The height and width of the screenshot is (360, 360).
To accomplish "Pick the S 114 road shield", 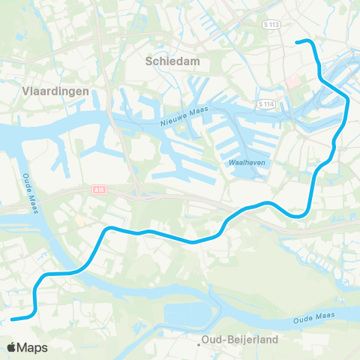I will [265, 103].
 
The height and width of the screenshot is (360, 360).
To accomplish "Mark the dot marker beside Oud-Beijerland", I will [199, 345].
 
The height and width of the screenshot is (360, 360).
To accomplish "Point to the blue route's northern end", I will [298, 41].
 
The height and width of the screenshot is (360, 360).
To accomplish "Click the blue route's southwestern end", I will [13, 319].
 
